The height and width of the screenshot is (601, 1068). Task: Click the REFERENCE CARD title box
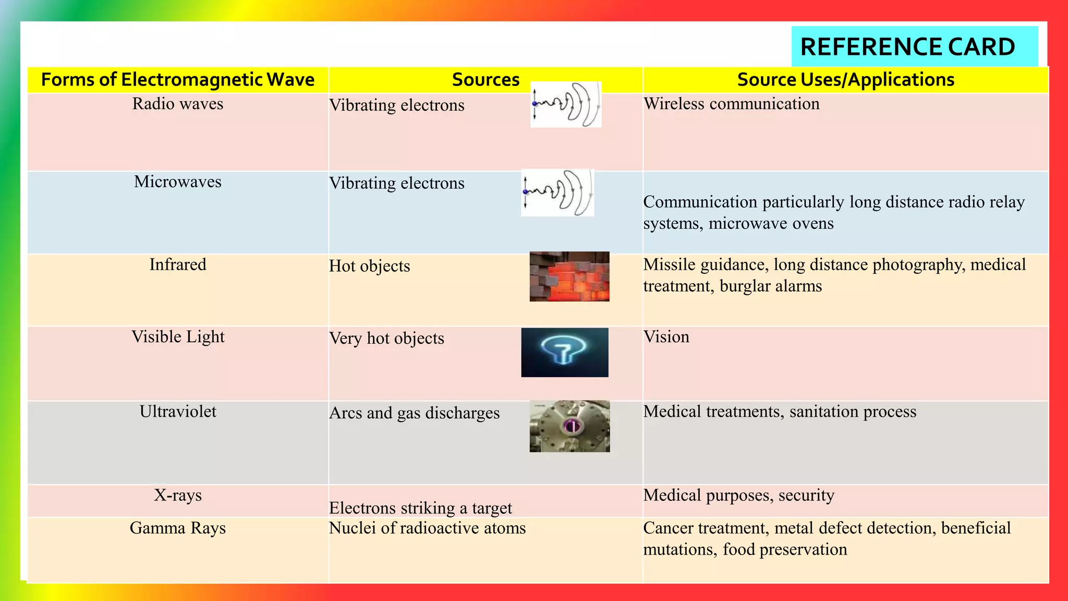click(x=914, y=47)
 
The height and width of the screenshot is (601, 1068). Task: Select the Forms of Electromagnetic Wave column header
click(x=178, y=80)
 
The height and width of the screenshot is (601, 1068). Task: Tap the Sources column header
click(x=486, y=80)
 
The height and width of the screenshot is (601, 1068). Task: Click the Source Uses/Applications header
click(x=845, y=80)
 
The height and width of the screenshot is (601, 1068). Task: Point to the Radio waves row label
click(x=178, y=104)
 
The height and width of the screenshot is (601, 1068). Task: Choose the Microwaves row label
click(x=178, y=182)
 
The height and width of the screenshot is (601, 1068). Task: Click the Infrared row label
click(x=178, y=265)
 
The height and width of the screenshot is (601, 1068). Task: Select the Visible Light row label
click(x=178, y=337)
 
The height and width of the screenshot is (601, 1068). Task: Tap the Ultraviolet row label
click(x=178, y=412)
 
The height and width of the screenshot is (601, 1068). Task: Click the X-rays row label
click(x=178, y=495)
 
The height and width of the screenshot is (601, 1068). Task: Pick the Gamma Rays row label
click(x=178, y=528)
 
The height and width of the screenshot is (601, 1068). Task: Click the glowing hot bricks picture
click(x=569, y=277)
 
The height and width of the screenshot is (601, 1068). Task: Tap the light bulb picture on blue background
click(x=564, y=353)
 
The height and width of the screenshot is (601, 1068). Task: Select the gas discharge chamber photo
click(x=569, y=426)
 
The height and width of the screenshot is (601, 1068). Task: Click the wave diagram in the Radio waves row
click(x=566, y=104)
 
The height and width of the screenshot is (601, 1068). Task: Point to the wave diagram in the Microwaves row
click(x=557, y=193)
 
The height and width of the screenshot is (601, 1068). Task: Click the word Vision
click(x=666, y=337)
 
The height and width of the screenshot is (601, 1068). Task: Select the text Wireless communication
click(x=731, y=104)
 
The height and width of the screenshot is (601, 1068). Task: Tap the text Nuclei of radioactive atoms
click(x=427, y=528)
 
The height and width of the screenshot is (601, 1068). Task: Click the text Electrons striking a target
click(x=420, y=508)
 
